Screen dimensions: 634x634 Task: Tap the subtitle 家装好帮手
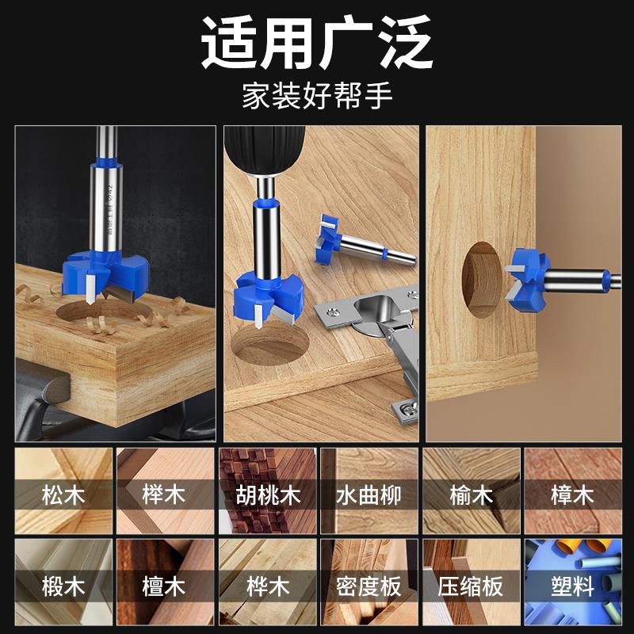click(x=317, y=98)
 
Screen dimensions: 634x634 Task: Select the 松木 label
click(x=63, y=496)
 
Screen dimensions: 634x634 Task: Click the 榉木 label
click(x=165, y=496)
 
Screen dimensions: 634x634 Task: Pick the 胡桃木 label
click(x=267, y=496)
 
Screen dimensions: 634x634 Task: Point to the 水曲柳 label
click(x=369, y=496)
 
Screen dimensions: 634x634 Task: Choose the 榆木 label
click(x=471, y=496)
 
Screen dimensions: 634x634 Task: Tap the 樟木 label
click(x=572, y=496)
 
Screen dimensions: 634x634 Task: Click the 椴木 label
click(x=63, y=587)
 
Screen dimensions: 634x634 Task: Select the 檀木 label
click(x=165, y=587)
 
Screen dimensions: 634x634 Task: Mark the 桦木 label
click(x=267, y=587)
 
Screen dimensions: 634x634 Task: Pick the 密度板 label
click(x=369, y=587)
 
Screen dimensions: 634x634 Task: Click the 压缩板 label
click(x=471, y=587)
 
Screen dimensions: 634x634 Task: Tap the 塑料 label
click(x=572, y=587)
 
